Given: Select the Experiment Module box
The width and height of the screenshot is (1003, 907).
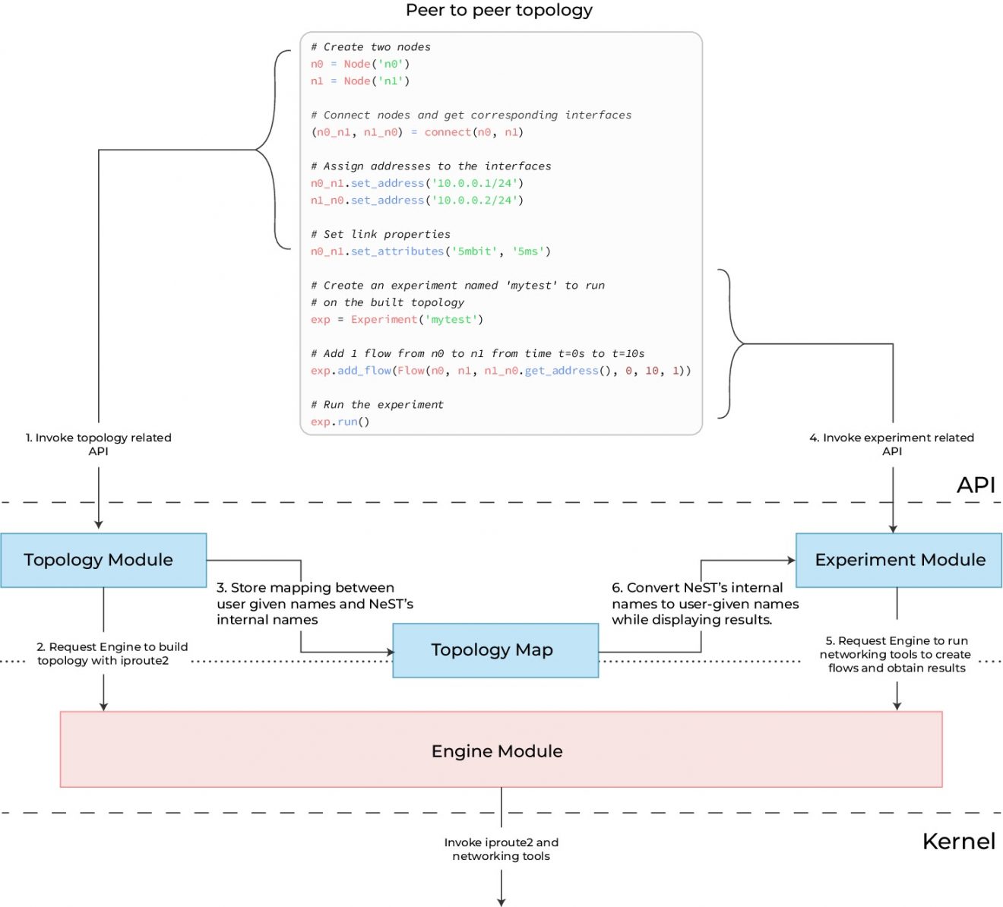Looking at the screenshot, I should (x=899, y=561).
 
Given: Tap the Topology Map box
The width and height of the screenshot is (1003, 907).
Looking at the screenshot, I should (x=495, y=650).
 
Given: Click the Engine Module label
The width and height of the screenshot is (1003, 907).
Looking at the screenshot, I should (x=497, y=751).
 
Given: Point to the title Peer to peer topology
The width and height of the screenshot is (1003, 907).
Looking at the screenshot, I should (x=498, y=11).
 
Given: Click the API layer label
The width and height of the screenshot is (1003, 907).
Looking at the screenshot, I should (x=976, y=485).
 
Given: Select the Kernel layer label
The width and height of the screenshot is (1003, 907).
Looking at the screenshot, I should (x=958, y=842).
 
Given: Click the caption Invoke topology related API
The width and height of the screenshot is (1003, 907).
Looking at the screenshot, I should (x=99, y=444).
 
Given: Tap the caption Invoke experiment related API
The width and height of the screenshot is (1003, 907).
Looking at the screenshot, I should (x=891, y=444).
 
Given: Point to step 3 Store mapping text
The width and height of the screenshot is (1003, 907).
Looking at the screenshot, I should (x=314, y=604).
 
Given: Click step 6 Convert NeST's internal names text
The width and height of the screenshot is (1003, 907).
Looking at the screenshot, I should (x=704, y=604).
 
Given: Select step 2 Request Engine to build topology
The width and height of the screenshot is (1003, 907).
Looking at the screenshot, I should (x=112, y=654).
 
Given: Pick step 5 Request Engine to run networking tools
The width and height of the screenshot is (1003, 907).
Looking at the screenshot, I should (x=897, y=655).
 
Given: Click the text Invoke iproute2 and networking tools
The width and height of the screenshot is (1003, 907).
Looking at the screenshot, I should (x=501, y=849).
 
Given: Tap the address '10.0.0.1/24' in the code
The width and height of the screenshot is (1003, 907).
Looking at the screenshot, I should (x=474, y=184).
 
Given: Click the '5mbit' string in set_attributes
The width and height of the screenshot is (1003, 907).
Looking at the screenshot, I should (x=474, y=251).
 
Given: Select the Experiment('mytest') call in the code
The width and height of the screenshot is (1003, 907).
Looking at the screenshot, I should (x=416, y=320).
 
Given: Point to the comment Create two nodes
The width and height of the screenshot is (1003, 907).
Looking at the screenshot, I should (x=370, y=47).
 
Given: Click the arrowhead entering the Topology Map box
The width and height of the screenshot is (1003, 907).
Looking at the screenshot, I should (x=391, y=652).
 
